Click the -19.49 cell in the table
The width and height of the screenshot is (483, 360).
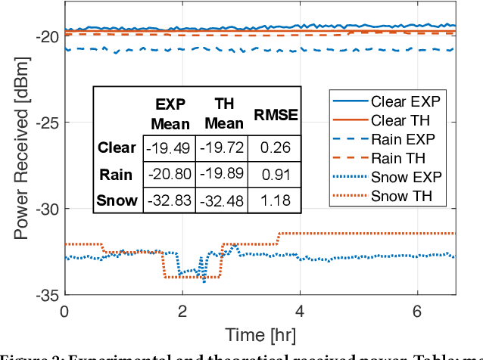tap(167, 148)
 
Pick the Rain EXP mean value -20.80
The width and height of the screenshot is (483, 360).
tap(167, 175)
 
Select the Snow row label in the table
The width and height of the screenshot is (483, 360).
tap(117, 200)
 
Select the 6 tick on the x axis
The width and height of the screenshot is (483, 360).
tap(417, 311)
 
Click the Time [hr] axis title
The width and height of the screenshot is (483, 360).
tap(259, 334)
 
